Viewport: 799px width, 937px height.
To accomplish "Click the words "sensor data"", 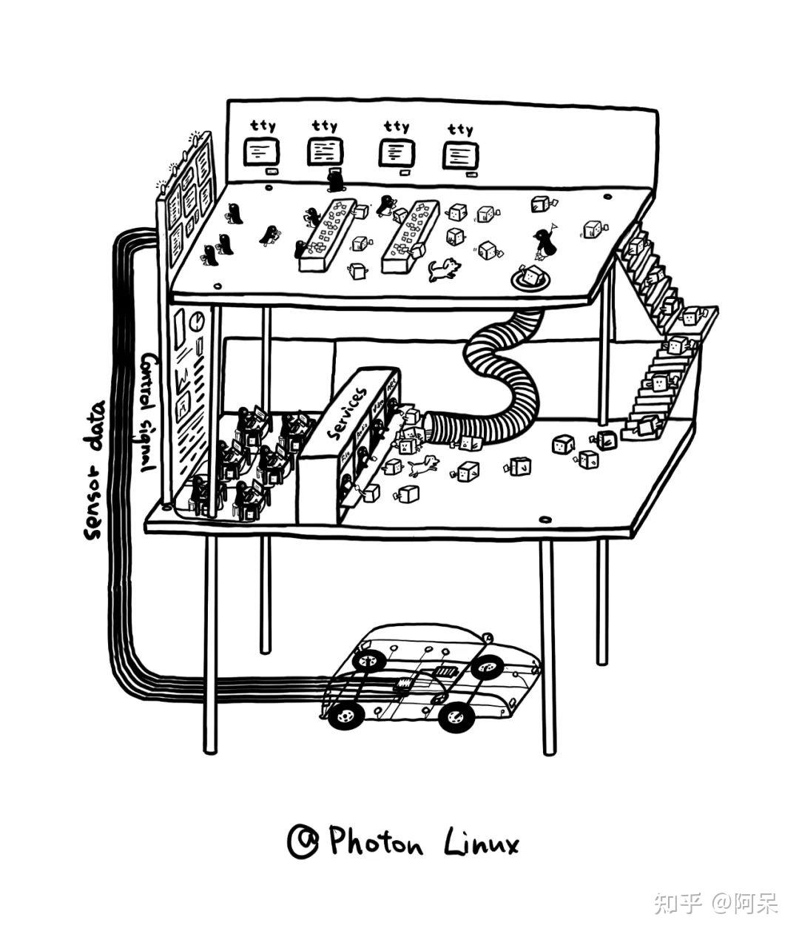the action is [95, 469].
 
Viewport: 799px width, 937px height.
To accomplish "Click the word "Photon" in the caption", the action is [376, 842].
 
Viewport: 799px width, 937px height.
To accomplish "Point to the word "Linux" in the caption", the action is [482, 843].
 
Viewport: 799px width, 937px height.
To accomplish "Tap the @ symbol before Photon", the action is [303, 842].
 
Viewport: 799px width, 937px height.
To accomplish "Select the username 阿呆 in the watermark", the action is [755, 903].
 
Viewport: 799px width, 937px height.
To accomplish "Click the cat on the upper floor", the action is [443, 269].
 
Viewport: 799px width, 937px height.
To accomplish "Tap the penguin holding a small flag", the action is [545, 242].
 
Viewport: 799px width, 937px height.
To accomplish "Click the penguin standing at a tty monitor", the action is [335, 178].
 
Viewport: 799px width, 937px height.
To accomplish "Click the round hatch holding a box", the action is [530, 278].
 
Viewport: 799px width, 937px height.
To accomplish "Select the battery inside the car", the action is [445, 672].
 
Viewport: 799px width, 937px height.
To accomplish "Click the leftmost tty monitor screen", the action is [261, 153].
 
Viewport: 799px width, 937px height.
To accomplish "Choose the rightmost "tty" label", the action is [460, 130].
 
